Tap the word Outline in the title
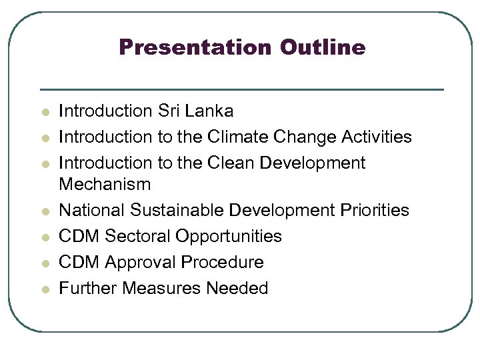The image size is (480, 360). coord(323,47)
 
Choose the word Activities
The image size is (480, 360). coord(377,137)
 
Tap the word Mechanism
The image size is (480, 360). coord(105,183)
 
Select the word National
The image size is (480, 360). coord(92,210)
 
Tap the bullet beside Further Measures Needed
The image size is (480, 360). coord(44,289)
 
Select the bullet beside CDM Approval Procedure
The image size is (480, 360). coord(44,263)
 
